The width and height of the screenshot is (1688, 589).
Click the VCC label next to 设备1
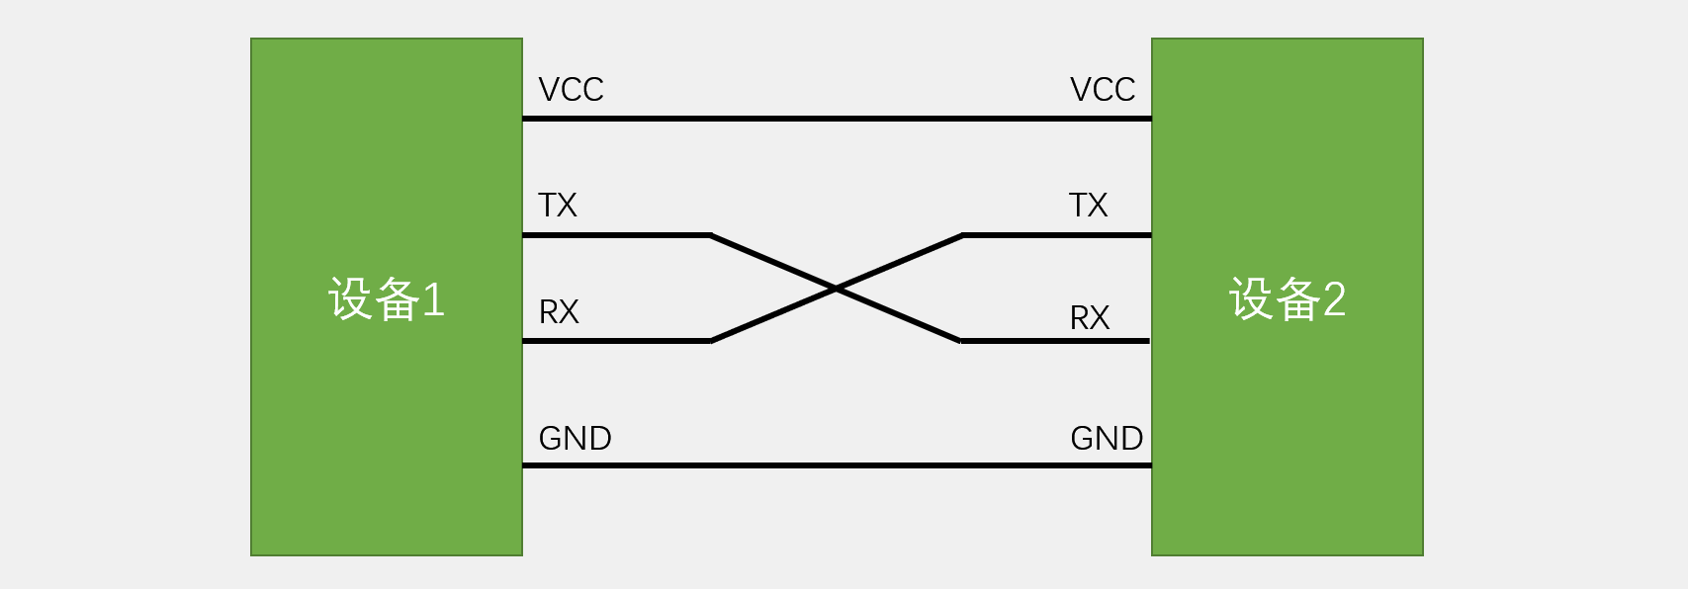(x=571, y=90)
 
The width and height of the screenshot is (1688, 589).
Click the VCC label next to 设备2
(x=1102, y=90)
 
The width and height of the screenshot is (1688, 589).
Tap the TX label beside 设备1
(x=557, y=206)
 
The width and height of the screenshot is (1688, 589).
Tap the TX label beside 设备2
(x=1088, y=206)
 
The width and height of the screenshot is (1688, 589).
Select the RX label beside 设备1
(x=558, y=312)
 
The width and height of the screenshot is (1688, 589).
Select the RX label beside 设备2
(x=1089, y=318)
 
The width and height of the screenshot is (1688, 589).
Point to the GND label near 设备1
(x=575, y=438)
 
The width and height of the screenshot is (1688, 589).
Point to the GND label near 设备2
(x=1106, y=438)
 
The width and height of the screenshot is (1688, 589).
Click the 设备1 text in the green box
(x=386, y=298)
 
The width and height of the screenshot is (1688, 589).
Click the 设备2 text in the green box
(x=1287, y=298)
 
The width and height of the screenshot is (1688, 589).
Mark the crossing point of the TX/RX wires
(x=836, y=289)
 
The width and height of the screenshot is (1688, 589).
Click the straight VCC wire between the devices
(x=837, y=119)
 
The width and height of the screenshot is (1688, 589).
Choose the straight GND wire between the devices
(x=837, y=465)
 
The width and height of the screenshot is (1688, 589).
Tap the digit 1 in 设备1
(x=433, y=299)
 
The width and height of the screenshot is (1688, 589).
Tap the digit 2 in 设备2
(x=1334, y=299)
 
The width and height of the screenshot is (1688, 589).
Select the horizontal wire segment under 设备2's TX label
(x=1056, y=235)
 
